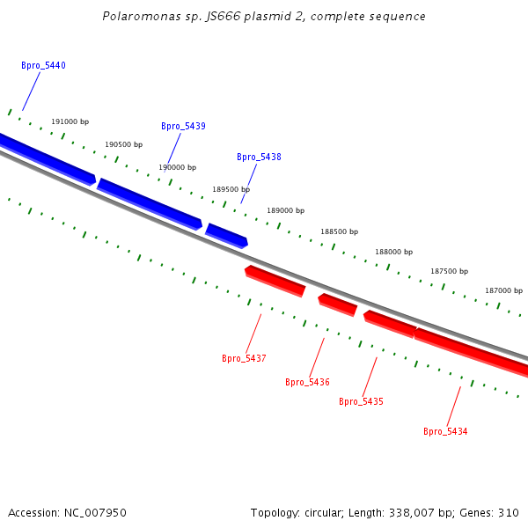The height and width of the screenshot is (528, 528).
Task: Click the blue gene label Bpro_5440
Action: pos(43,66)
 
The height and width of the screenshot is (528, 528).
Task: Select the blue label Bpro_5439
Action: pos(183,127)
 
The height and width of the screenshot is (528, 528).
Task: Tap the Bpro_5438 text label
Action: pos(259,158)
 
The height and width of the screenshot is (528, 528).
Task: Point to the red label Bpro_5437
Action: pos(244,359)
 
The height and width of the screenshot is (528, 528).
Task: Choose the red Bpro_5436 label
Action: pos(307,383)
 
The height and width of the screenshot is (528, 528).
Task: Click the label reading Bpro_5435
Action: pos(361,402)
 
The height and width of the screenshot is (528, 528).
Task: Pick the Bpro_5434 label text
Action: pos(445,432)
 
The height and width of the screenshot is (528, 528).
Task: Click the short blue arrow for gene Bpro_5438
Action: pos(226,236)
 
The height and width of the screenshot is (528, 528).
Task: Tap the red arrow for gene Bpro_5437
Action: pos(275,281)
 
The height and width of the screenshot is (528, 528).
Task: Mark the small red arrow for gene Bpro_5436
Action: pos(338,304)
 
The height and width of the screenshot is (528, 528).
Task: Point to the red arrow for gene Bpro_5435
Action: pos(390,324)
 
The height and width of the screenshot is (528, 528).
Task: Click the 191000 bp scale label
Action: pos(70,122)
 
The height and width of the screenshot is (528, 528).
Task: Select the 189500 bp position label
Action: pos(231,189)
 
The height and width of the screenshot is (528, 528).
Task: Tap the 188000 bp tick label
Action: pos(393,252)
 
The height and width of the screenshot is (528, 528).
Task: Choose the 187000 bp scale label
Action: pos(503,290)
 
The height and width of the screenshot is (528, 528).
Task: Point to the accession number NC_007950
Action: pos(94,513)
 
